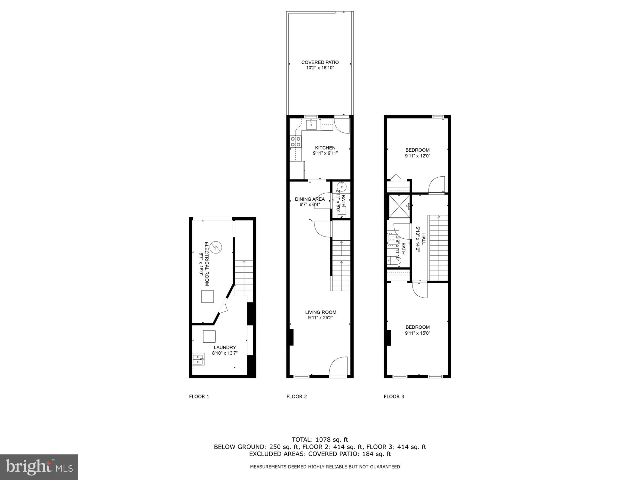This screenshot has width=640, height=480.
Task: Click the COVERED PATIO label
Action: pyautogui.click(x=320, y=62)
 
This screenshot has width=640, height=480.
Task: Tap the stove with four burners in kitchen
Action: pyautogui.click(x=296, y=142)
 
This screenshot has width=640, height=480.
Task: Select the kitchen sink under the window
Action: pyautogui.click(x=311, y=124)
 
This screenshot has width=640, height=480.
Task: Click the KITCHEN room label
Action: pyautogui.click(x=325, y=148)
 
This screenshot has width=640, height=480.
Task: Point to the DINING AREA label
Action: pyautogui.click(x=310, y=199)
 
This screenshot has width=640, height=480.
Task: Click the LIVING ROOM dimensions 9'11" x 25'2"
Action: pyautogui.click(x=321, y=318)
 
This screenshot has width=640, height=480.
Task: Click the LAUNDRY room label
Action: pyautogui.click(x=225, y=348)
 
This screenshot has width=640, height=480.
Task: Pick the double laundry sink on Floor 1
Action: pyautogui.click(x=198, y=360)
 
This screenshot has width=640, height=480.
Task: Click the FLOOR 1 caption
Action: pyautogui.click(x=199, y=396)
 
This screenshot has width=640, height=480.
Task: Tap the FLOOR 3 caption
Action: pyautogui.click(x=394, y=396)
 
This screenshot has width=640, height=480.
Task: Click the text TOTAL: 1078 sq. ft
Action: pyautogui.click(x=320, y=440)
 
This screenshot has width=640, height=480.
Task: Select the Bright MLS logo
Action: pyautogui.click(x=39, y=467)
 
